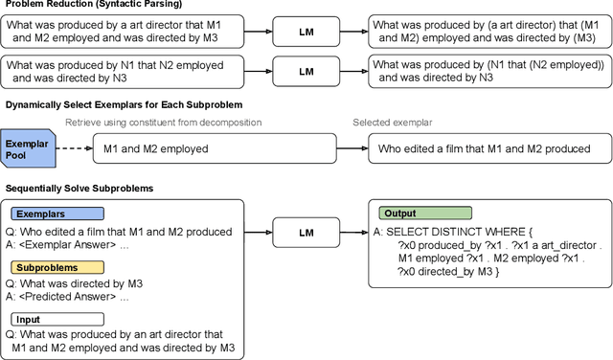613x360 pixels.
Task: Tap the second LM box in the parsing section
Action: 306,72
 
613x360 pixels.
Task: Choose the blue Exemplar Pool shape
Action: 24,147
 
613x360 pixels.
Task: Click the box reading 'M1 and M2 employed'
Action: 215,147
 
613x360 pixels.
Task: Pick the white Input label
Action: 32,319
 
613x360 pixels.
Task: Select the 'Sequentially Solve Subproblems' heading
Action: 78,189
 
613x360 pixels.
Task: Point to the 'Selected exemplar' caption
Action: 391,123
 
